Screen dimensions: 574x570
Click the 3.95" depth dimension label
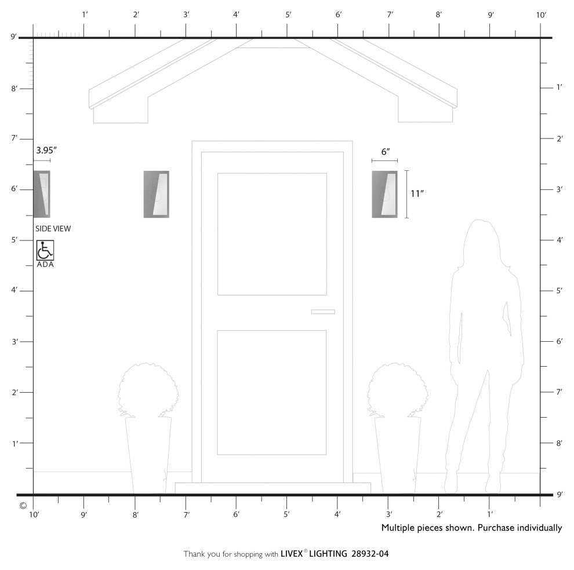pyautogui.click(x=46, y=151)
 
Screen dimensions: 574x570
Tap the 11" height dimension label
pyautogui.click(x=417, y=193)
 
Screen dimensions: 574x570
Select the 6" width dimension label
pyautogui.click(x=386, y=151)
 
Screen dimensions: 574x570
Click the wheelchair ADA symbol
pyautogui.click(x=45, y=250)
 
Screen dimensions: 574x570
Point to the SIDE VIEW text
pyautogui.click(x=53, y=229)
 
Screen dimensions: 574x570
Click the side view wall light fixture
pyautogui.click(x=42, y=194)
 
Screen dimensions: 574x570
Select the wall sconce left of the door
pyautogui.click(x=157, y=194)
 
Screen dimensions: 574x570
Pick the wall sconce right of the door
pyautogui.click(x=384, y=194)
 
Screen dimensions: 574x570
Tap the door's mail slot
pyautogui.click(x=323, y=312)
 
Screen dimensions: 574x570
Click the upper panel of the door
pyautogui.click(x=272, y=234)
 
